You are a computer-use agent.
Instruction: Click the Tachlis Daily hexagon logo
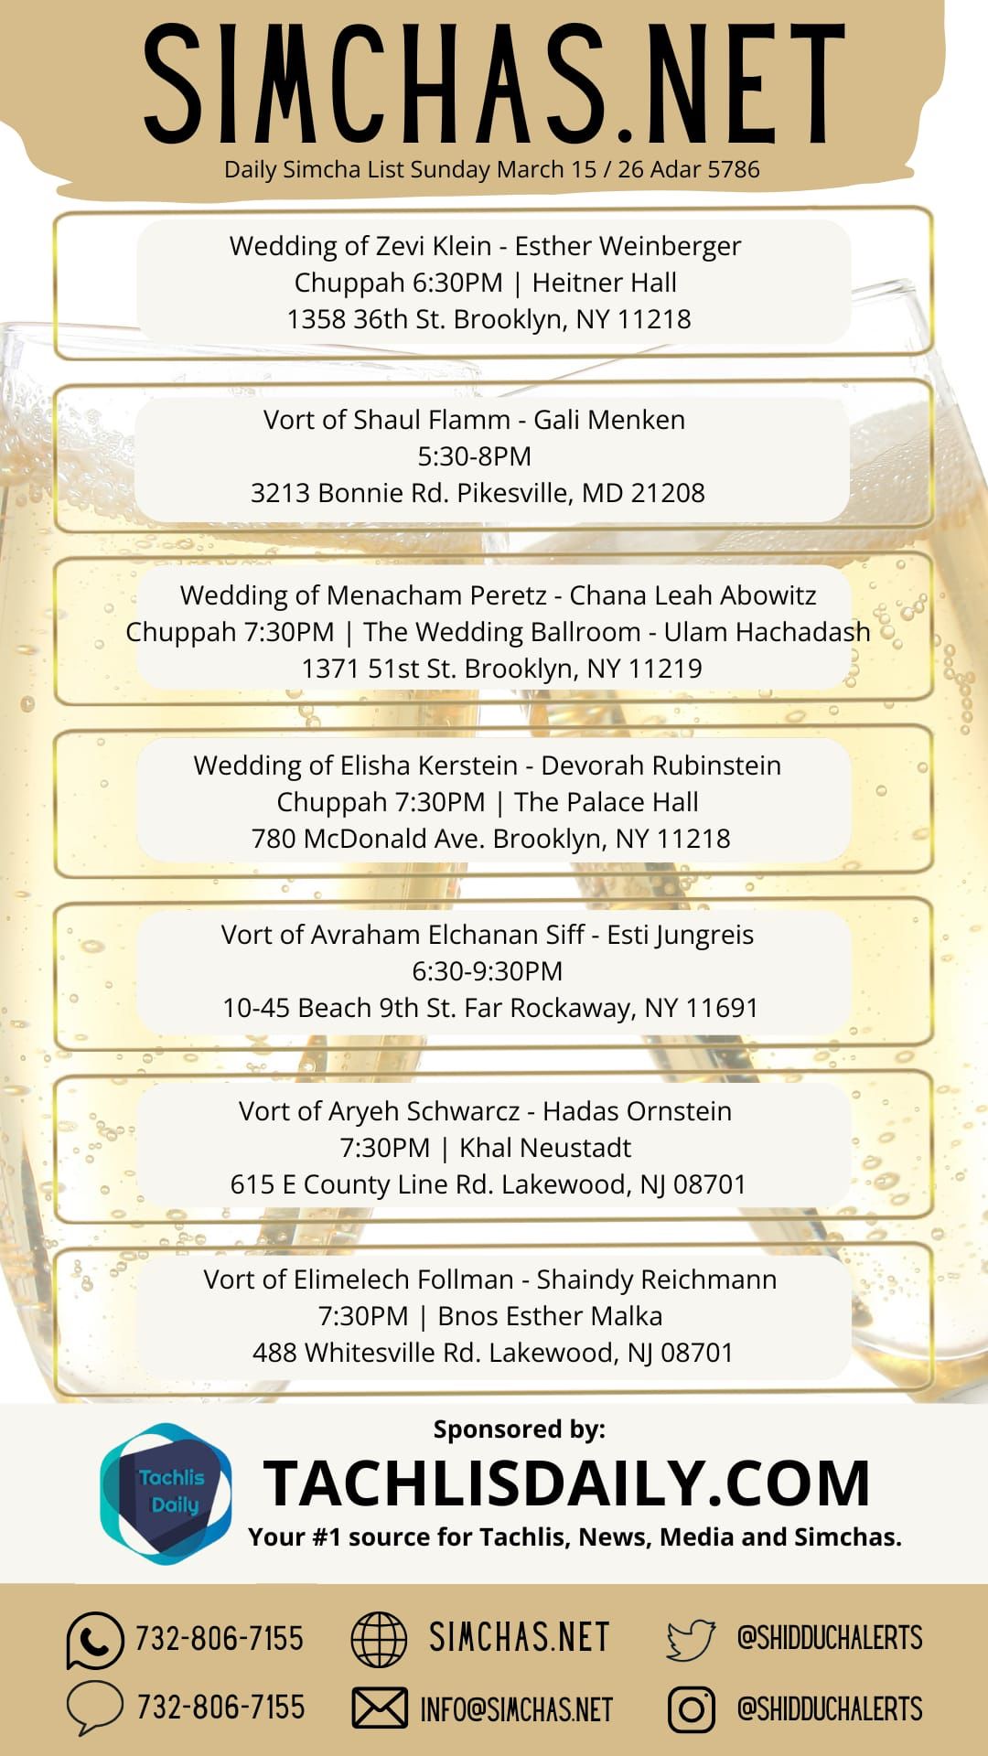click(166, 1494)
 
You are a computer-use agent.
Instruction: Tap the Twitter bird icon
click(691, 1639)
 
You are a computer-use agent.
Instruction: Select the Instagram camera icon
click(692, 1709)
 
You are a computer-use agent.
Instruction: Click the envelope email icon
click(380, 1708)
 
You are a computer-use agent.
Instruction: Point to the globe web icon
click(379, 1639)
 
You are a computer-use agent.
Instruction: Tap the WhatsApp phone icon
click(94, 1640)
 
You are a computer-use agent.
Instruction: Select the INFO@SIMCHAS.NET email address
click(516, 1709)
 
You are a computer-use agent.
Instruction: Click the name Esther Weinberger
click(628, 246)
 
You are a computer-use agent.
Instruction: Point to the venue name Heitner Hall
click(604, 283)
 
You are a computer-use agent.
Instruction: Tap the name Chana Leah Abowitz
click(693, 595)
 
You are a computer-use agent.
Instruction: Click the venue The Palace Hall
click(606, 802)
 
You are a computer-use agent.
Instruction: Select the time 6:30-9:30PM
click(487, 971)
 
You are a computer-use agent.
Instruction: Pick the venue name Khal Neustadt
click(545, 1148)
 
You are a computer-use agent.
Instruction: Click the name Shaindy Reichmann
click(656, 1280)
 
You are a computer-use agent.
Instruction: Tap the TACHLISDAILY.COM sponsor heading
click(566, 1483)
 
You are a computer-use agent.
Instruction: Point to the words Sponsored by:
click(519, 1429)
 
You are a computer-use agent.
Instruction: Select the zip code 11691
click(722, 1008)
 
